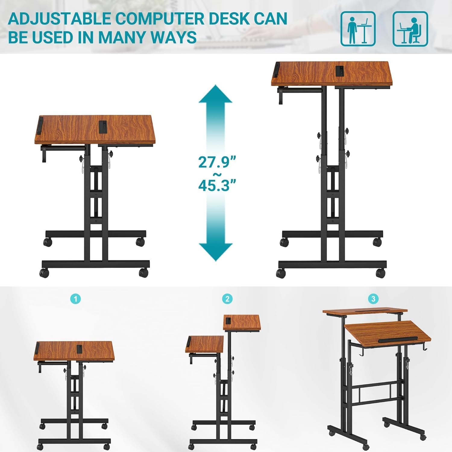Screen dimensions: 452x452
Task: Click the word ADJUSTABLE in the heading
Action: (x=59, y=19)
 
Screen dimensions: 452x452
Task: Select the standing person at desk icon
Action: (x=358, y=29)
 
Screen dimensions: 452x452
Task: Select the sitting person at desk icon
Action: (x=410, y=29)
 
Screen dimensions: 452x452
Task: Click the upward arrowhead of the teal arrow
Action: (x=215, y=94)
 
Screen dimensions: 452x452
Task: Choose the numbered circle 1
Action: (x=76, y=299)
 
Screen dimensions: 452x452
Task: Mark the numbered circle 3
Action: (x=373, y=299)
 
